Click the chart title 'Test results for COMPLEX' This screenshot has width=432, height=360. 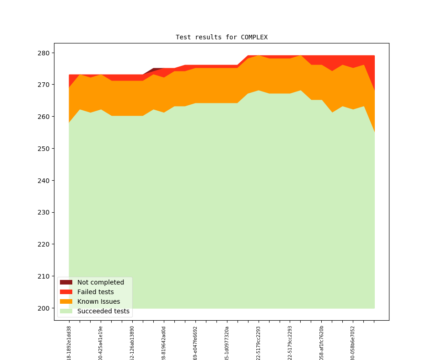pyautogui.click(x=221, y=37)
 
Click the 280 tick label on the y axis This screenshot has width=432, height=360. pyautogui.click(x=43, y=53)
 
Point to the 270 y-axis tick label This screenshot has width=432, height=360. pyautogui.click(x=43, y=85)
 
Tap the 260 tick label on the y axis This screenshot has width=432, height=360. pyautogui.click(x=43, y=117)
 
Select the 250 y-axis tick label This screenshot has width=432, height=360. pyautogui.click(x=43, y=149)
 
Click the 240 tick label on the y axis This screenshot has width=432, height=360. pyautogui.click(x=43, y=181)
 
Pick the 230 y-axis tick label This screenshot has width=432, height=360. pyautogui.click(x=43, y=212)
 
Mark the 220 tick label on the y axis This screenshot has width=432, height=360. pyautogui.click(x=43, y=244)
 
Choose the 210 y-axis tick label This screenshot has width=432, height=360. pyautogui.click(x=43, y=276)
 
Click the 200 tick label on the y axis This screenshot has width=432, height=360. pyautogui.click(x=43, y=308)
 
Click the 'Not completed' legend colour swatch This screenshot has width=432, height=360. pyautogui.click(x=66, y=282)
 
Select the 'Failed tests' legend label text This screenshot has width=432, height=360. pyautogui.click(x=95, y=292)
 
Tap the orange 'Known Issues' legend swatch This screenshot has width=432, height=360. pyautogui.click(x=66, y=301)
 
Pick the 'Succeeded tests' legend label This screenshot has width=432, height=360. pyautogui.click(x=103, y=311)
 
